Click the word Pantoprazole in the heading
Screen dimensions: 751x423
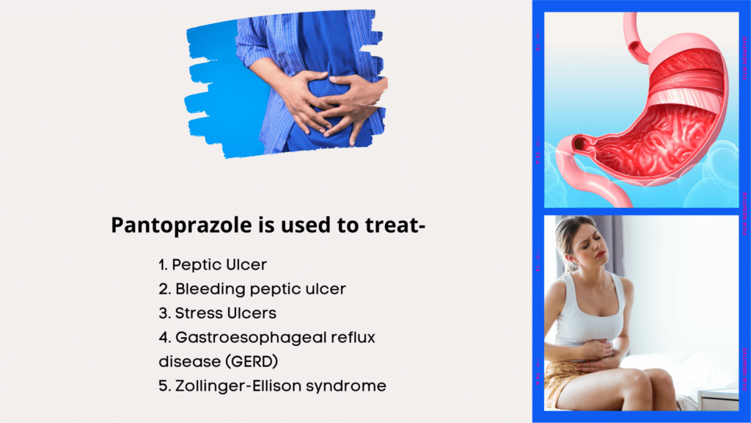pos(181,225)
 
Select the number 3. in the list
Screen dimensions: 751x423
pos(165,313)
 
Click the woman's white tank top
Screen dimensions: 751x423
pos(588,311)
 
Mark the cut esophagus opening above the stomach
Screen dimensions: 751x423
pos(634,48)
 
